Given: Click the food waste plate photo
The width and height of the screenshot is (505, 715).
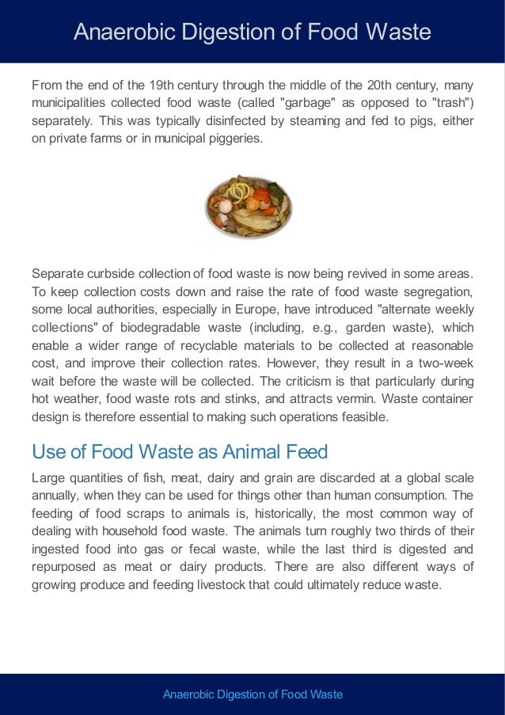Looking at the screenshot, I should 249,207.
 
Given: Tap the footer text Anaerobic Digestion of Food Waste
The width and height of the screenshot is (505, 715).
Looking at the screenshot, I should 252,694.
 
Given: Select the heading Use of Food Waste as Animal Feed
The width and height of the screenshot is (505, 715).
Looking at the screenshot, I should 180,452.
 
